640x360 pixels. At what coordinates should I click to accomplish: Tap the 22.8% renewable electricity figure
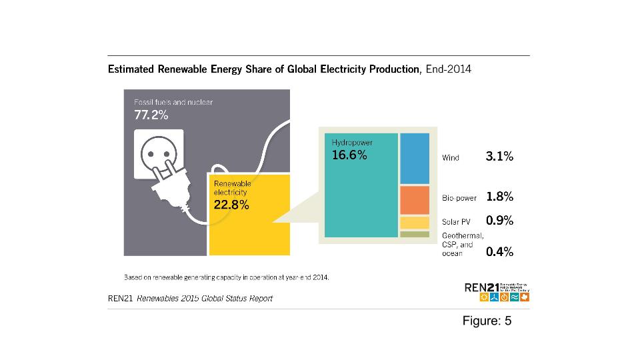click(231, 205)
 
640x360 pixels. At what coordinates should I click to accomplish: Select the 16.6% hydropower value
click(349, 155)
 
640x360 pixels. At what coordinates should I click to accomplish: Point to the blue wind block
click(415, 158)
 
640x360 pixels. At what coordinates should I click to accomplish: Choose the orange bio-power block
click(415, 199)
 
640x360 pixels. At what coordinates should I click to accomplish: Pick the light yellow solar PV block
click(415, 223)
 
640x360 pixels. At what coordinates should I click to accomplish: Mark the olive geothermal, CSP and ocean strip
click(415, 234)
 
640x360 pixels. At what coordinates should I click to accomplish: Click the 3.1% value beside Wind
click(499, 157)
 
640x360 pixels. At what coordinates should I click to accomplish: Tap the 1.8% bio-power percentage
click(499, 197)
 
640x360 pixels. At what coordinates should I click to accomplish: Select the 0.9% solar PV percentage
click(499, 220)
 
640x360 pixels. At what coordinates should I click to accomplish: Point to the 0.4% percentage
click(499, 252)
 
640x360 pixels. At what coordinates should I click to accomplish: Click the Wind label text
click(451, 158)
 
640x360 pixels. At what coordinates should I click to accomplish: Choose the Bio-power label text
click(459, 198)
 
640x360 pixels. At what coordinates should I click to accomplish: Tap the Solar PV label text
click(457, 221)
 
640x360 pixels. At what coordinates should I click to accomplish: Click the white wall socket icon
click(159, 155)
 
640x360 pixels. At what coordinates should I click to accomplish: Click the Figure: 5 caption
click(487, 321)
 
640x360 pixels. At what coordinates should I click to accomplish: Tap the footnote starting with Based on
click(227, 275)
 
